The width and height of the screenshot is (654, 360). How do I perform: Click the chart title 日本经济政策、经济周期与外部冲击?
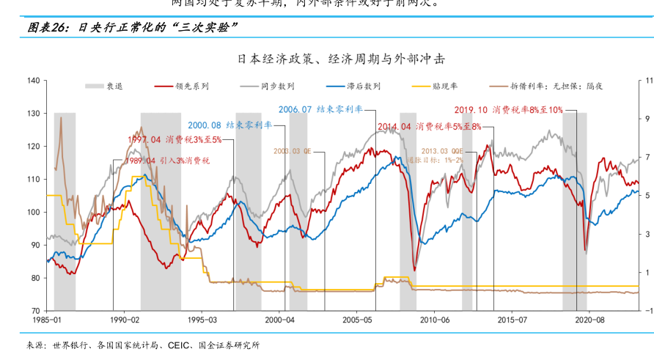(340, 59)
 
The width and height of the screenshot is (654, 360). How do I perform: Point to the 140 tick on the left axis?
(33, 81)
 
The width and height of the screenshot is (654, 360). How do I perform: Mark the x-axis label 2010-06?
(434, 320)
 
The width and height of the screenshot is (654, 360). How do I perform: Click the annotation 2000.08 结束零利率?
(229, 125)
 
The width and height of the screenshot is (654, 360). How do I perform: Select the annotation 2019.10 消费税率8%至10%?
(508, 110)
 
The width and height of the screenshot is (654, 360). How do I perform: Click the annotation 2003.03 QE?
(293, 150)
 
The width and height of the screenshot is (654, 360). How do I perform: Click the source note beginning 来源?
(142, 345)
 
